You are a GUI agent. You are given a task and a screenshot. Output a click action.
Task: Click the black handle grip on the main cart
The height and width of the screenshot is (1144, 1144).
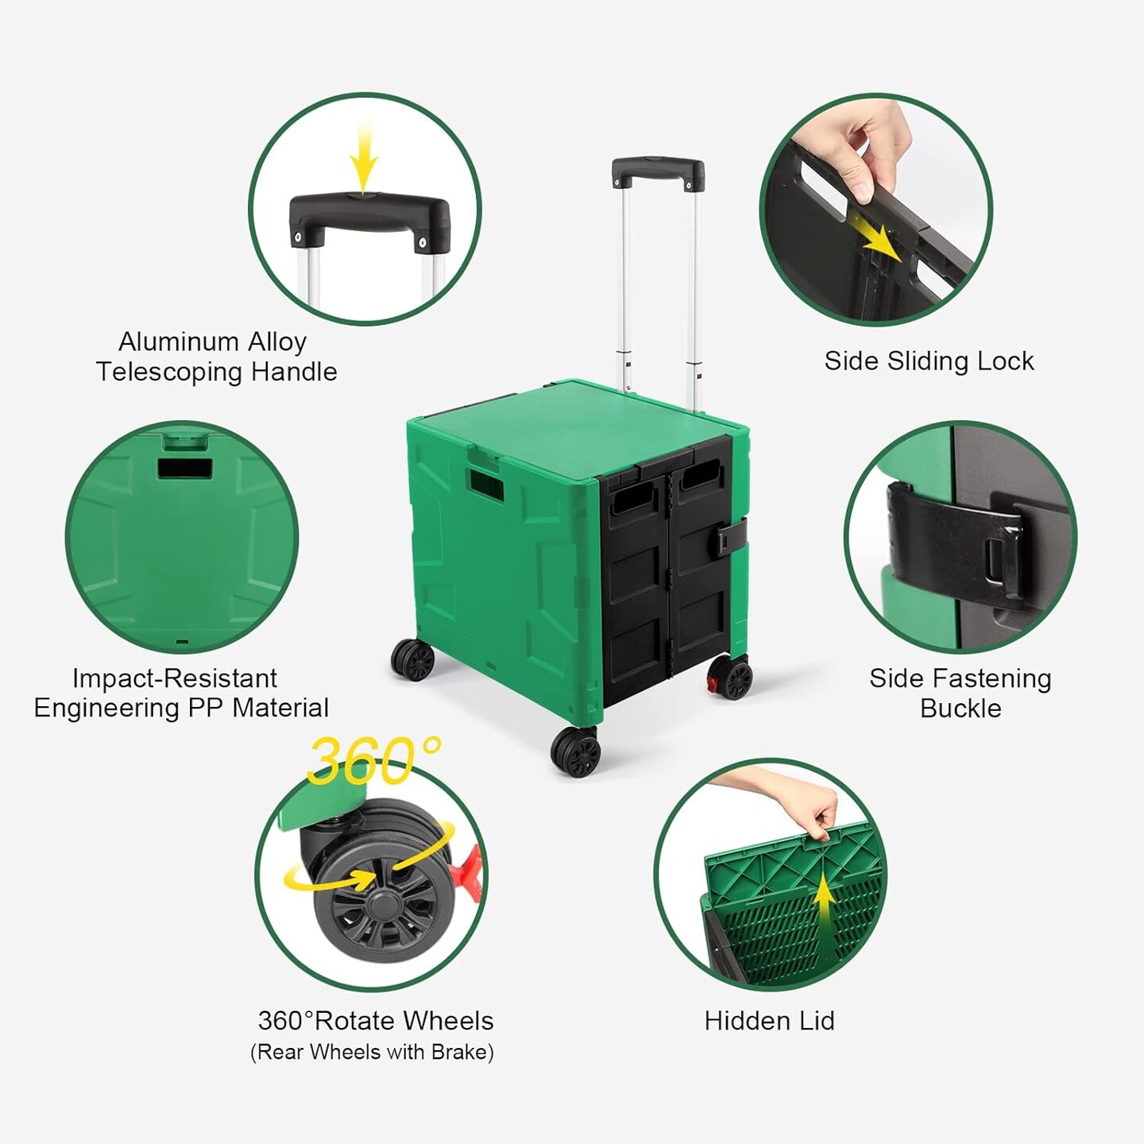tap(657, 169)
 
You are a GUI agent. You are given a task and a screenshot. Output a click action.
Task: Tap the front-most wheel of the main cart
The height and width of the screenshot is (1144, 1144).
tap(576, 751)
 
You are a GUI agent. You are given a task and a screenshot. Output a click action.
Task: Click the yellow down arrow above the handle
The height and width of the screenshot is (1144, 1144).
tap(364, 159)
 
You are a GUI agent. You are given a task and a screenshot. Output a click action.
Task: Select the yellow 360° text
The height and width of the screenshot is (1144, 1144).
tap(373, 760)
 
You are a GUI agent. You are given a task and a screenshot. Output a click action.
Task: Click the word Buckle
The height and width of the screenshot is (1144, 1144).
tap(960, 708)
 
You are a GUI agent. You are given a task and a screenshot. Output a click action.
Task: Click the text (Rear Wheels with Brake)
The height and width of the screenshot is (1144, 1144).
tap(372, 1052)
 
